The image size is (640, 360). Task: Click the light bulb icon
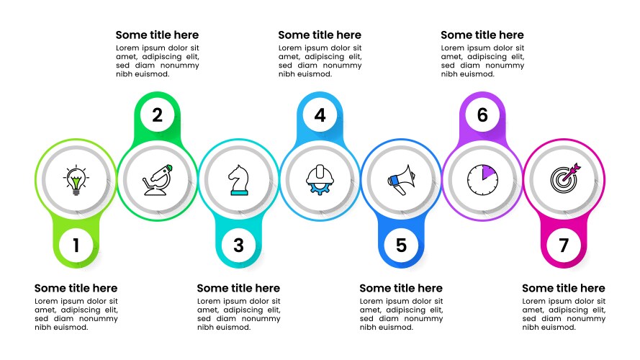(x=76, y=179)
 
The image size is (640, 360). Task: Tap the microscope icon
(x=157, y=179)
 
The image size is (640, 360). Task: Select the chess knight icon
(x=238, y=179)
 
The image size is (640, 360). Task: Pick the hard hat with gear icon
(x=320, y=179)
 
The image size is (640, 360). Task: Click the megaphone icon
(x=401, y=179)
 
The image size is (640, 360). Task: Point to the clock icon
(x=482, y=179)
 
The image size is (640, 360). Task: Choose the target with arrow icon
(x=564, y=179)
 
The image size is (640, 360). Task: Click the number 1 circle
(x=76, y=246)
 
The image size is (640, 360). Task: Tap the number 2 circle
(x=157, y=114)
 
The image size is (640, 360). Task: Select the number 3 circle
(x=238, y=246)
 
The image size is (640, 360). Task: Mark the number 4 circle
(x=320, y=114)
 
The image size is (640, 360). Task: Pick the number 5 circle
(x=401, y=246)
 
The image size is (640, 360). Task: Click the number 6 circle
(x=482, y=114)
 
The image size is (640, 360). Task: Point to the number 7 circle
(x=564, y=246)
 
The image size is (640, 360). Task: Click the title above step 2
(x=157, y=35)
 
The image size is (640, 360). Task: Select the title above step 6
(x=482, y=35)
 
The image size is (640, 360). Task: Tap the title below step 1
(x=76, y=288)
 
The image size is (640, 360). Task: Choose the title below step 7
(x=564, y=288)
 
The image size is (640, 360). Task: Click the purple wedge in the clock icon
(x=487, y=174)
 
